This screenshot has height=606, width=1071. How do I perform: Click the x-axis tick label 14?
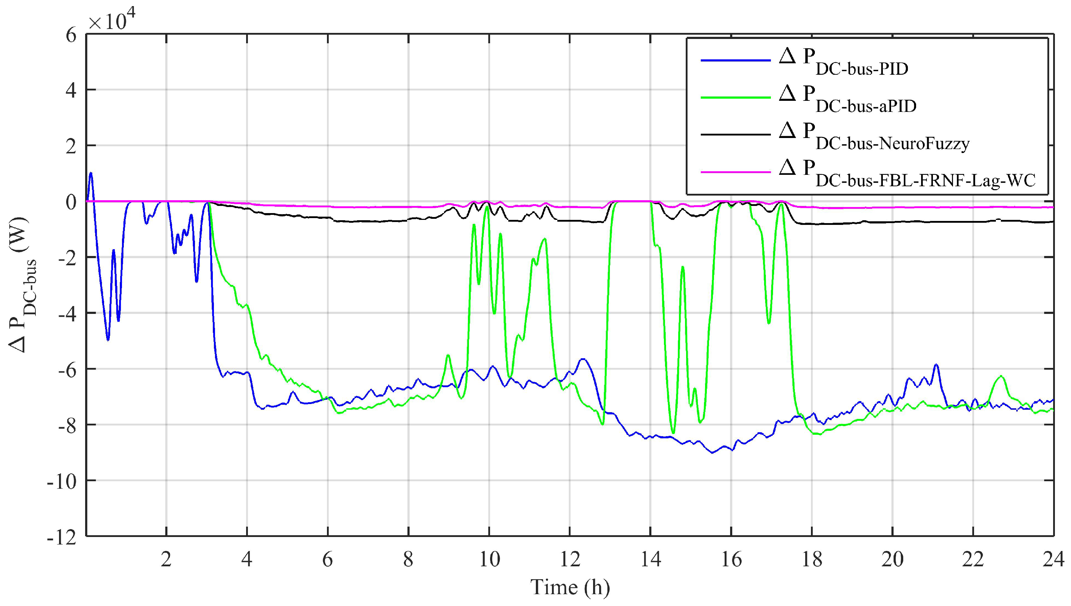(650, 559)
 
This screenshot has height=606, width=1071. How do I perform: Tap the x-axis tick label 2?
(166, 559)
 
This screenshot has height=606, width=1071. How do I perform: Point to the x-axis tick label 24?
(1053, 559)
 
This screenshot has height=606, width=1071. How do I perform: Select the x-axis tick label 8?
(408, 559)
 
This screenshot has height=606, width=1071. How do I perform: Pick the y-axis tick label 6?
(71, 35)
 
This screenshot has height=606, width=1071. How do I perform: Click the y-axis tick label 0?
(71, 203)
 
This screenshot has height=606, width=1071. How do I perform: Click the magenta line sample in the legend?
(735, 172)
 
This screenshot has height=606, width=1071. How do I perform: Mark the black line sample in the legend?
(735, 134)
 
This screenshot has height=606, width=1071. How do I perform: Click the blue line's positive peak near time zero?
(91, 173)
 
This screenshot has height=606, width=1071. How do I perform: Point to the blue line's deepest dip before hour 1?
(108, 340)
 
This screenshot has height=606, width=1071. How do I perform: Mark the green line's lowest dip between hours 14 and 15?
(673, 433)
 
